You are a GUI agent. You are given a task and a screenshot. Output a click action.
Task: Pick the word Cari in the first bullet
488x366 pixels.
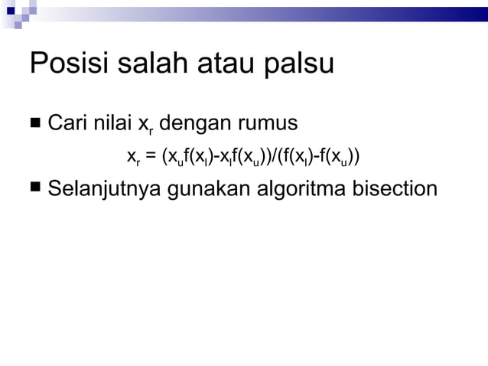point(67,123)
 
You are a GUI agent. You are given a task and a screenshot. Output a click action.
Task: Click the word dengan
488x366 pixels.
point(194,123)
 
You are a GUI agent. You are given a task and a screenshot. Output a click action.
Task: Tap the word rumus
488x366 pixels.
point(270,123)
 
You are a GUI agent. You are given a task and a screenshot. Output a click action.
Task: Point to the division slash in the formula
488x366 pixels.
point(275,157)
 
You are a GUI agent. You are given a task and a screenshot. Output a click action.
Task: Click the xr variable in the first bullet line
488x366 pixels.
point(144,124)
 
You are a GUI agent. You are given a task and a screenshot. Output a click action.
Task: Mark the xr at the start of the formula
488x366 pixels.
point(133,158)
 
